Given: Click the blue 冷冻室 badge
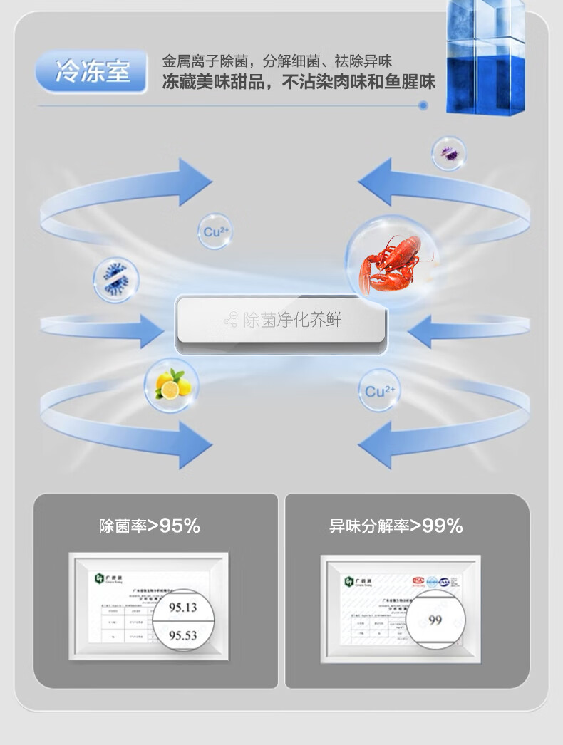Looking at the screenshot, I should tap(92, 72).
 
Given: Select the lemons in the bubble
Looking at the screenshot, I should tap(172, 385).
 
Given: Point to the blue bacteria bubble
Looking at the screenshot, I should tap(115, 278).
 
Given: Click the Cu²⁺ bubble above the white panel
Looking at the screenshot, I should tap(215, 231).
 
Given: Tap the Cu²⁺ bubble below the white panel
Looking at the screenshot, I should tap(379, 391).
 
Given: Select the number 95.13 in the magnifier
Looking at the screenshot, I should tap(182, 607).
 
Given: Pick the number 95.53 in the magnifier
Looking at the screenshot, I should tap(182, 635).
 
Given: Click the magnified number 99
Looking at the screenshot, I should tap(435, 620).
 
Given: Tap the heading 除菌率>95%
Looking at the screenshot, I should tap(150, 526).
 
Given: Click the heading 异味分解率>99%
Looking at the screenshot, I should tap(396, 526).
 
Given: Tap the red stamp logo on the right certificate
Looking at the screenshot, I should tap(418, 580).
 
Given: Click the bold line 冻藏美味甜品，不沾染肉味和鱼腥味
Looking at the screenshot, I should tap(299, 82).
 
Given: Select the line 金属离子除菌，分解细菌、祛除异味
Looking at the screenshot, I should tap(277, 61).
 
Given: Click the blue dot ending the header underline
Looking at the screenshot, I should tap(423, 105).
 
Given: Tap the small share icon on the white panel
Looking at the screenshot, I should tap(230, 321).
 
